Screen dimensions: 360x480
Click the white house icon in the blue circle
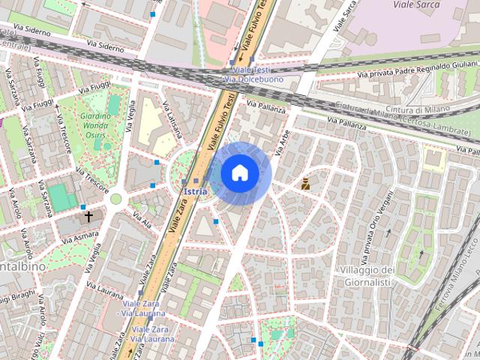coord(239,173)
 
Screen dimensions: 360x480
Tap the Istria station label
coord(195,191)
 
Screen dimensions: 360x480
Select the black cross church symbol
coord(88,217)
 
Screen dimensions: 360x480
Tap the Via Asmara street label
coord(79,237)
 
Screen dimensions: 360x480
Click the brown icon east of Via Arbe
coord(306,183)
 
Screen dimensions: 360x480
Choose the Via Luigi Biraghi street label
coord(18,296)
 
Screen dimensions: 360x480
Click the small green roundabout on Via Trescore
coord(115,199)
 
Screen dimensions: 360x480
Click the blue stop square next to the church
coord(83,207)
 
